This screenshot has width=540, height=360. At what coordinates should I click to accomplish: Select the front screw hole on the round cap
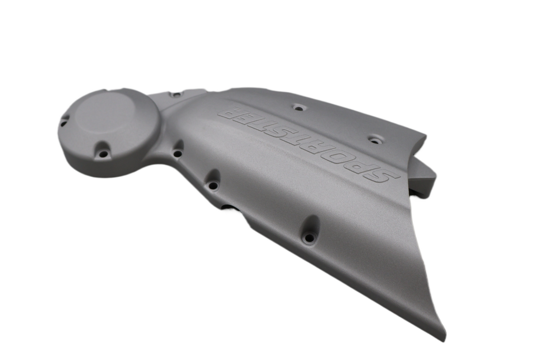(x=104, y=153)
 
